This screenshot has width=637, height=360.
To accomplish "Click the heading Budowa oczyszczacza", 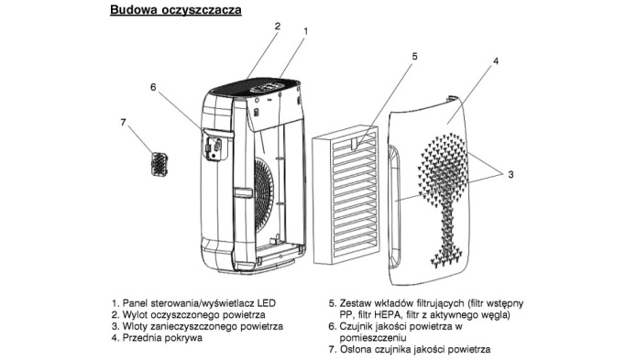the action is [175, 10].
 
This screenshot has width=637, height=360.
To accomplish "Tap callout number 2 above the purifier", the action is [278, 27].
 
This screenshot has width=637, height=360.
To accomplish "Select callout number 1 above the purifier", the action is [306, 31].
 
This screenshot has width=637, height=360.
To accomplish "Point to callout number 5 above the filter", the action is [414, 57].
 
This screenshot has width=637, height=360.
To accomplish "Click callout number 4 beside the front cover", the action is [496, 61].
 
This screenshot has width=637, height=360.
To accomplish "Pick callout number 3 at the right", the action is [511, 175].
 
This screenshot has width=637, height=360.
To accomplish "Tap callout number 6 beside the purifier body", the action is [153, 87].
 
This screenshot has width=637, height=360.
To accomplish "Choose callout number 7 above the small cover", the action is [124, 122].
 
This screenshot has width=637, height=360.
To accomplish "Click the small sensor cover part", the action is [159, 164].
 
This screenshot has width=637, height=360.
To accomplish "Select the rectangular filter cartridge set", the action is [346, 195].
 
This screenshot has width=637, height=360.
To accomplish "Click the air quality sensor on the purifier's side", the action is [214, 146].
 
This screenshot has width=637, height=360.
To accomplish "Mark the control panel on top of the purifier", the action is [269, 87].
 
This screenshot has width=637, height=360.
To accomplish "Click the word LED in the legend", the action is [267, 303].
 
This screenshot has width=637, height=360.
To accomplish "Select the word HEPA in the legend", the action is [388, 314].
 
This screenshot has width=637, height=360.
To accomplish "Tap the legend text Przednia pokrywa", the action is [162, 338].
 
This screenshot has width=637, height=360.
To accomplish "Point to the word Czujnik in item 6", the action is [355, 326].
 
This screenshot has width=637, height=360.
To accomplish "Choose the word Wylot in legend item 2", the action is [135, 314].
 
